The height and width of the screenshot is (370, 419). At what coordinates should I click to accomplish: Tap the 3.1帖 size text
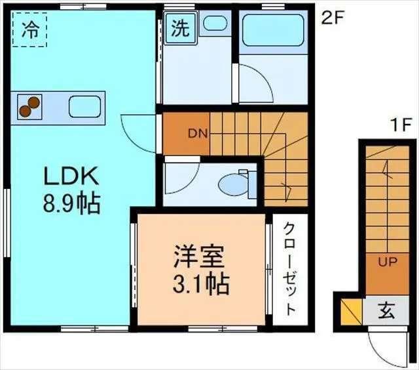pyautogui.click(x=200, y=283)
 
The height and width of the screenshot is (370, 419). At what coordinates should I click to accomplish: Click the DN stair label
pyautogui.click(x=198, y=134)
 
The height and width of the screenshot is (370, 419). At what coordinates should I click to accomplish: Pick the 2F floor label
pyautogui.click(x=332, y=18)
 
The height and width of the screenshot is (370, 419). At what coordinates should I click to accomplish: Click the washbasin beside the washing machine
pyautogui.click(x=213, y=24)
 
